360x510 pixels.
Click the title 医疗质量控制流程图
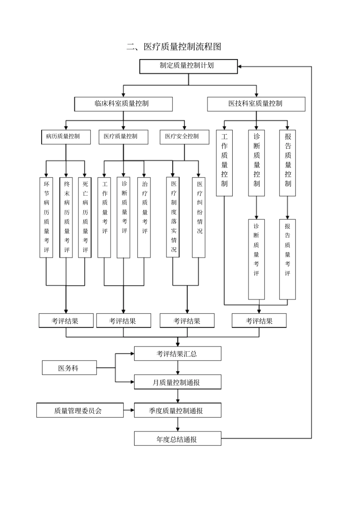(174, 47)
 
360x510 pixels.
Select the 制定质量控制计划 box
(188, 66)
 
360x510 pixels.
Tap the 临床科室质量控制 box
(123, 104)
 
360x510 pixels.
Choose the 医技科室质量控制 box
(256, 104)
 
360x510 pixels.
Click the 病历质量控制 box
(66, 137)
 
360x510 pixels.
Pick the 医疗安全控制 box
(184, 137)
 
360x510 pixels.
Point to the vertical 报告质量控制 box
(287, 163)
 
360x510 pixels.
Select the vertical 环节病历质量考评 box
(46, 217)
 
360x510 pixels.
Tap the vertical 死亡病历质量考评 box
(85, 217)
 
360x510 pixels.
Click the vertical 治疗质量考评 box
(144, 217)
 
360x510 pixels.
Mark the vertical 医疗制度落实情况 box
(173, 217)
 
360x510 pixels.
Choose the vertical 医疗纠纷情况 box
(199, 217)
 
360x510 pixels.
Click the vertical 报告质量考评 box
(287, 259)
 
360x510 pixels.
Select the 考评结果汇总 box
(177, 354)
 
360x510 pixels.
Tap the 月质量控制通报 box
(177, 382)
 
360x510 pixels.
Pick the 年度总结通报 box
(177, 439)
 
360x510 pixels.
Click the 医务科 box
(69, 368)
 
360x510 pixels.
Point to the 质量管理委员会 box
(80, 410)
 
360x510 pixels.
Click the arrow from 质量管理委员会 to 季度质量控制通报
(129, 410)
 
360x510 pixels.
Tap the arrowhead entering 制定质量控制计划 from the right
(241, 67)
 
